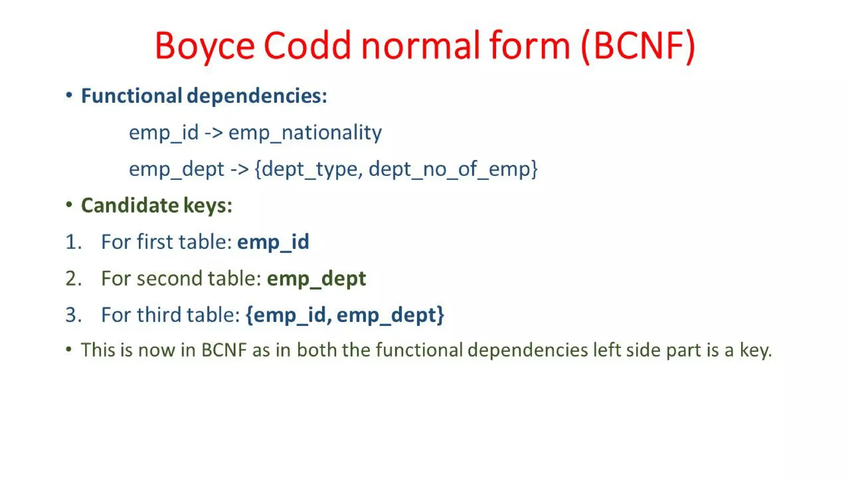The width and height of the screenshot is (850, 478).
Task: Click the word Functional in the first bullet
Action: pyautogui.click(x=131, y=96)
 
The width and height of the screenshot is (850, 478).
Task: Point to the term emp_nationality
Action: pyautogui.click(x=305, y=133)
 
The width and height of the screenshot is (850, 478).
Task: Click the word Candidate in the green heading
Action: pyautogui.click(x=130, y=205)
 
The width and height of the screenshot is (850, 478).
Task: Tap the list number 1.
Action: pyautogui.click(x=72, y=242)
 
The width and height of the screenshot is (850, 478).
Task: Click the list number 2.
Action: pyautogui.click(x=73, y=278)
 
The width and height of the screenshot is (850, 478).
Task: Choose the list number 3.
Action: pyautogui.click(x=73, y=315)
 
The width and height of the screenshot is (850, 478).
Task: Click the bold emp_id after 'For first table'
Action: pyautogui.click(x=273, y=242)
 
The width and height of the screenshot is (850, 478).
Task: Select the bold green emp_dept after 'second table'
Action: pyautogui.click(x=316, y=278)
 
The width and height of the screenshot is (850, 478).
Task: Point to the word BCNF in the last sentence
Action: pyautogui.click(x=224, y=350)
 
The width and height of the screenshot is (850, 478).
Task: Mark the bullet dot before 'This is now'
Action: pyautogui.click(x=69, y=349)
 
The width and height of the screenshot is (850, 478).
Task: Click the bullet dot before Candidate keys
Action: pyautogui.click(x=69, y=205)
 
